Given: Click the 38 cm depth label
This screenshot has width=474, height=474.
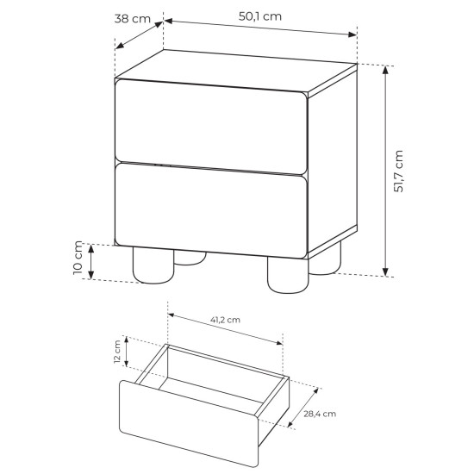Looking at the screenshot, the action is click(x=133, y=19).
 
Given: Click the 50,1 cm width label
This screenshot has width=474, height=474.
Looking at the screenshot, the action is click(x=260, y=16).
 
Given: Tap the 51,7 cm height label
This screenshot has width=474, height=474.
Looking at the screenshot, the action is click(x=398, y=172).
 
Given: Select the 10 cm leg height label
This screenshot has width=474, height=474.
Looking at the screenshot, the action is click(x=78, y=258).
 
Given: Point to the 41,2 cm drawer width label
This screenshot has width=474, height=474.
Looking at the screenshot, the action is click(x=225, y=320).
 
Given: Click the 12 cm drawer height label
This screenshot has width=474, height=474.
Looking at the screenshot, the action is click(x=117, y=352).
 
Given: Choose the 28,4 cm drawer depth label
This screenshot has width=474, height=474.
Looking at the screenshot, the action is click(x=320, y=414).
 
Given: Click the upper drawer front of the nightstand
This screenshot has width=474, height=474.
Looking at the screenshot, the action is click(x=211, y=127).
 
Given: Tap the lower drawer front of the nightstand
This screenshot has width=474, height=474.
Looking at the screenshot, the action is click(x=211, y=210).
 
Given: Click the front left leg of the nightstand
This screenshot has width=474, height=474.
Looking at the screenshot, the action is click(x=153, y=265).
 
